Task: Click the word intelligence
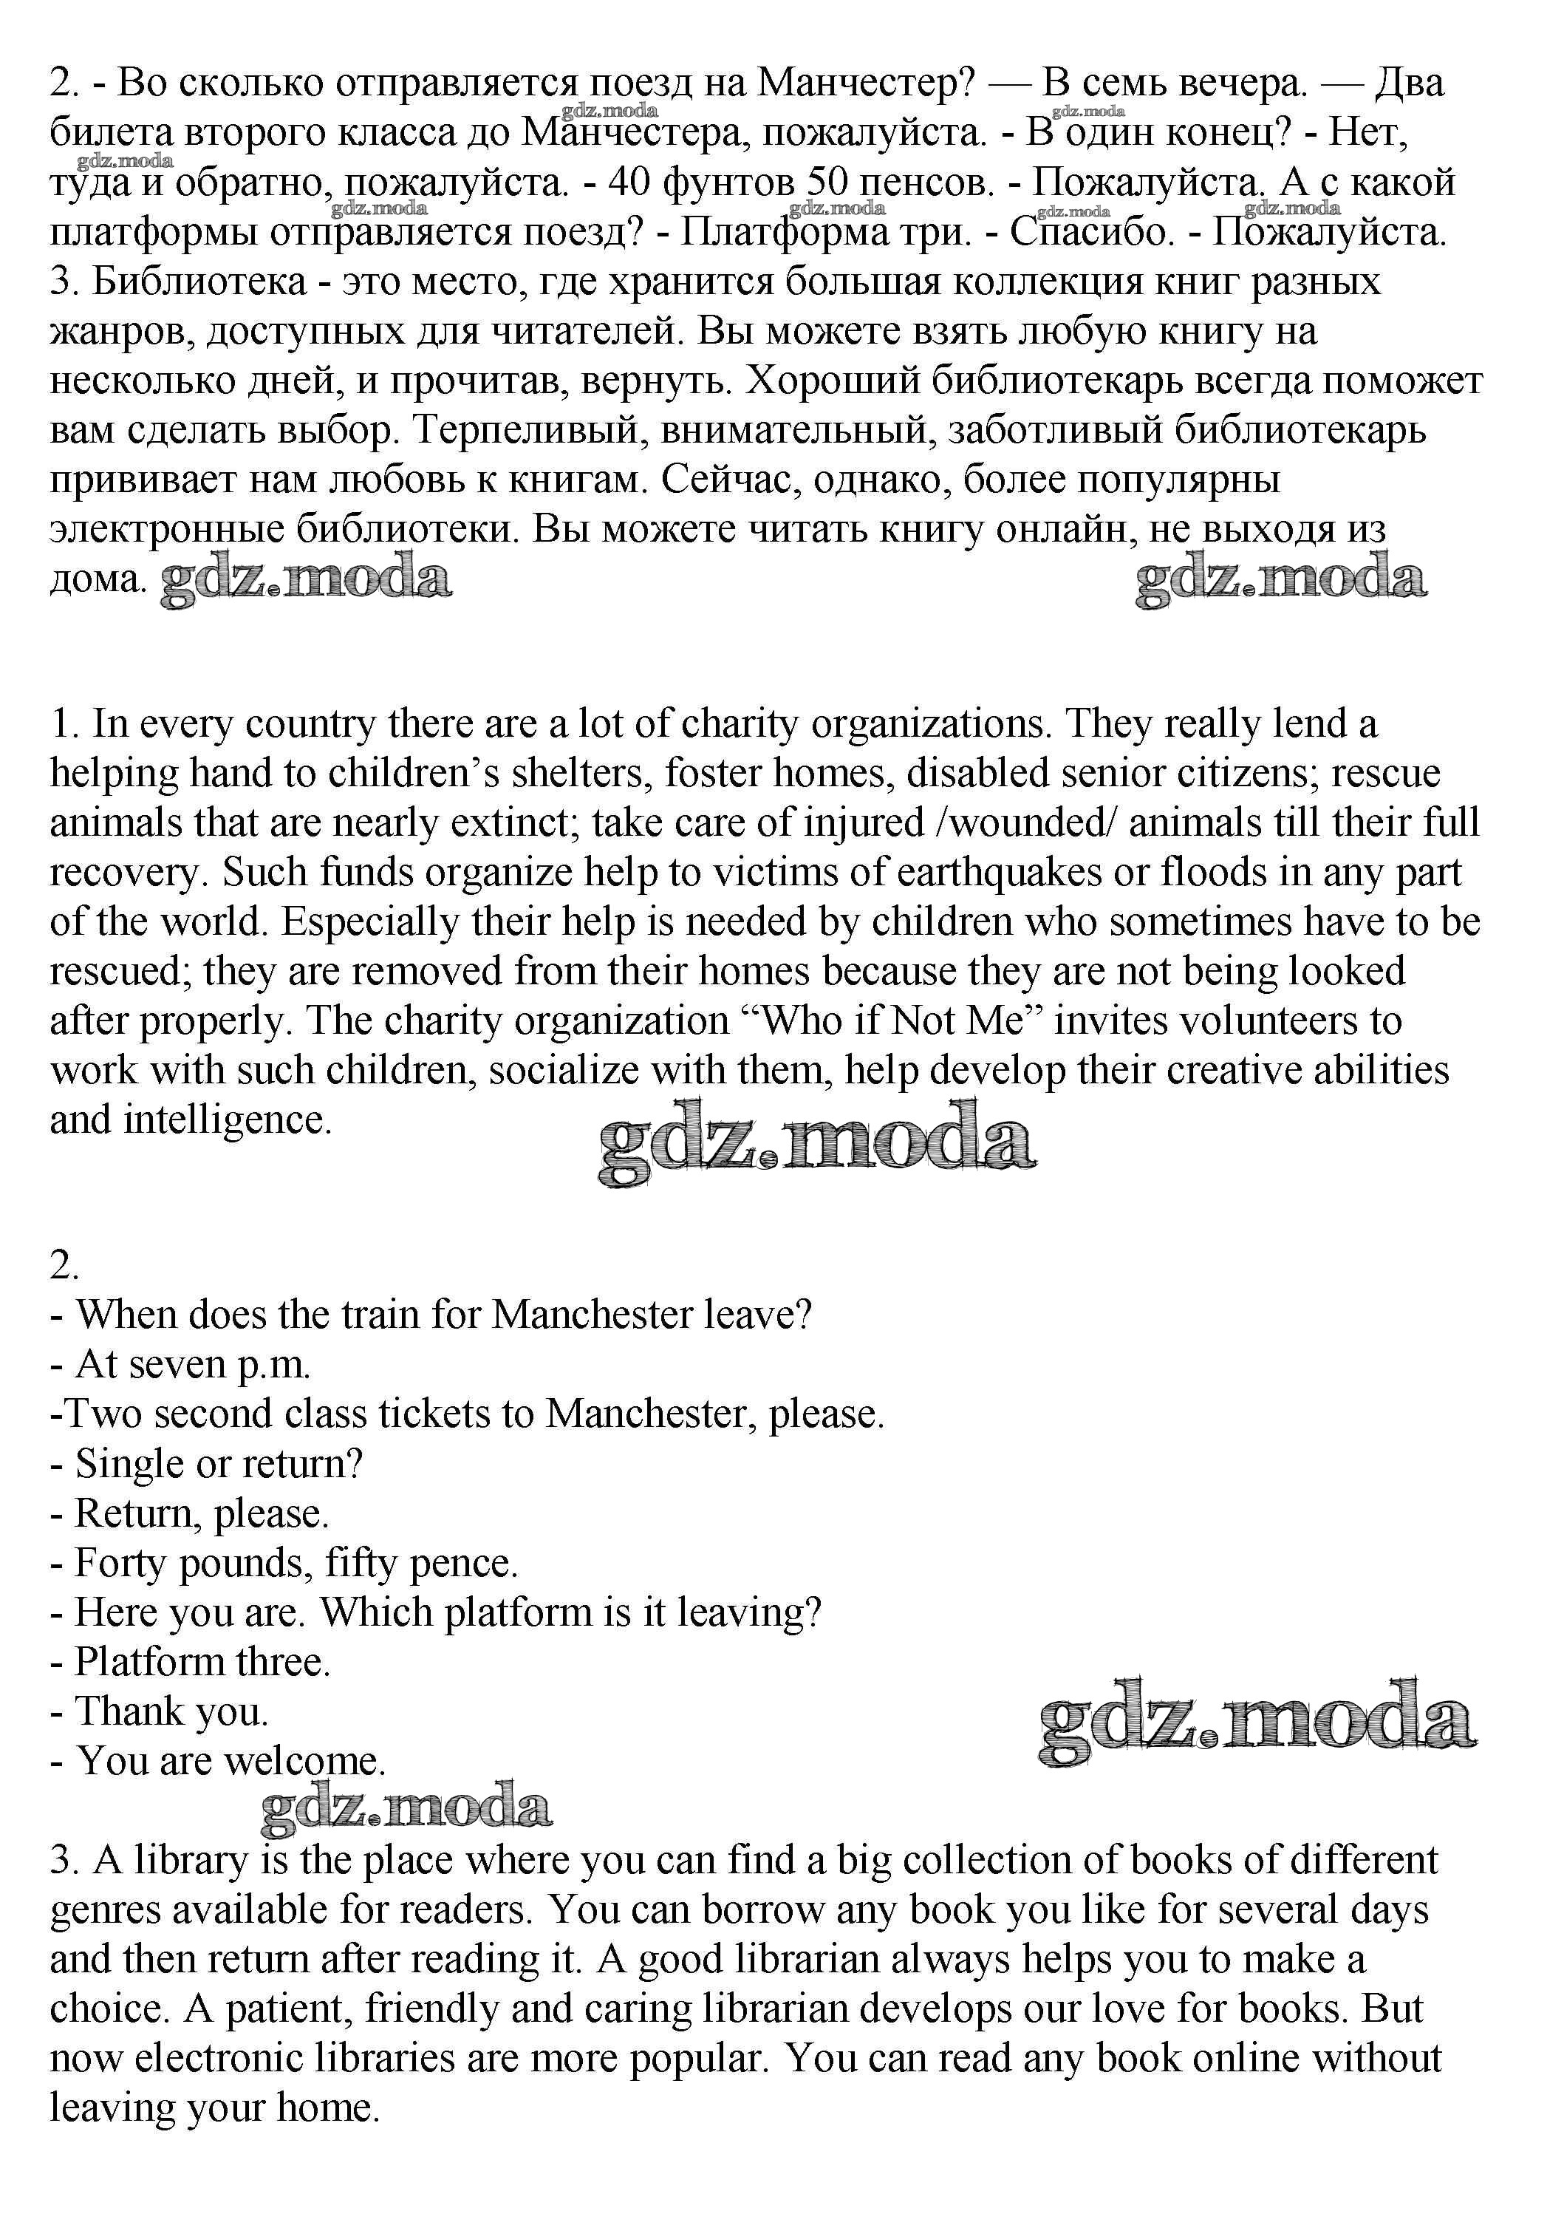pos(227,1120)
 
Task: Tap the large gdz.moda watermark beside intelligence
pos(817,1143)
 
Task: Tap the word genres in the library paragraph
pos(106,1910)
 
